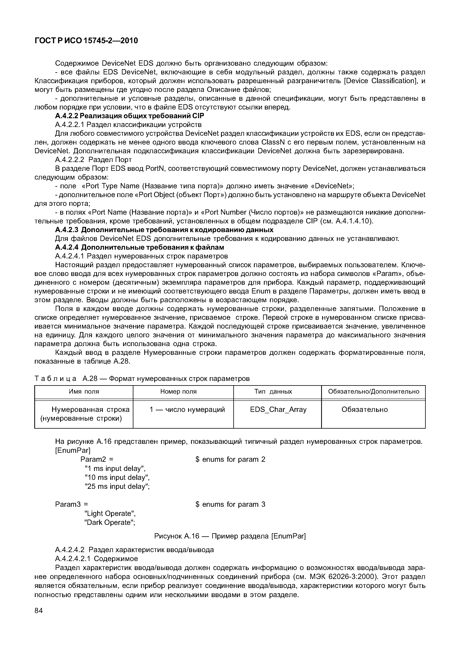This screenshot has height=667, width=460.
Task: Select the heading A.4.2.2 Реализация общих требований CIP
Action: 129,116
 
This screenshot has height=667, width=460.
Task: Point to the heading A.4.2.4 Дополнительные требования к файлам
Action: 139,247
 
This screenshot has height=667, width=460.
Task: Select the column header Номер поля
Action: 178,391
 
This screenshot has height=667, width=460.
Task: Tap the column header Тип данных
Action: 273,391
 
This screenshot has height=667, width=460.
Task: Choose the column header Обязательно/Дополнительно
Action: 374,391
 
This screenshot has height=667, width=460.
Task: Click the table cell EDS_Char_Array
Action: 278,409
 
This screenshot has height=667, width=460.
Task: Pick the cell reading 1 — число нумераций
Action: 187,409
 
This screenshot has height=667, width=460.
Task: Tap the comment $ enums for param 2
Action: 230,459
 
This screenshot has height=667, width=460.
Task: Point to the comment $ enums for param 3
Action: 230,504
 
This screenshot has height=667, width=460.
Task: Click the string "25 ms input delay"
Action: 117,486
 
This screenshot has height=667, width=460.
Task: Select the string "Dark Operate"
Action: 110,522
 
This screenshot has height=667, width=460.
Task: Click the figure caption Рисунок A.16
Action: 230,536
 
